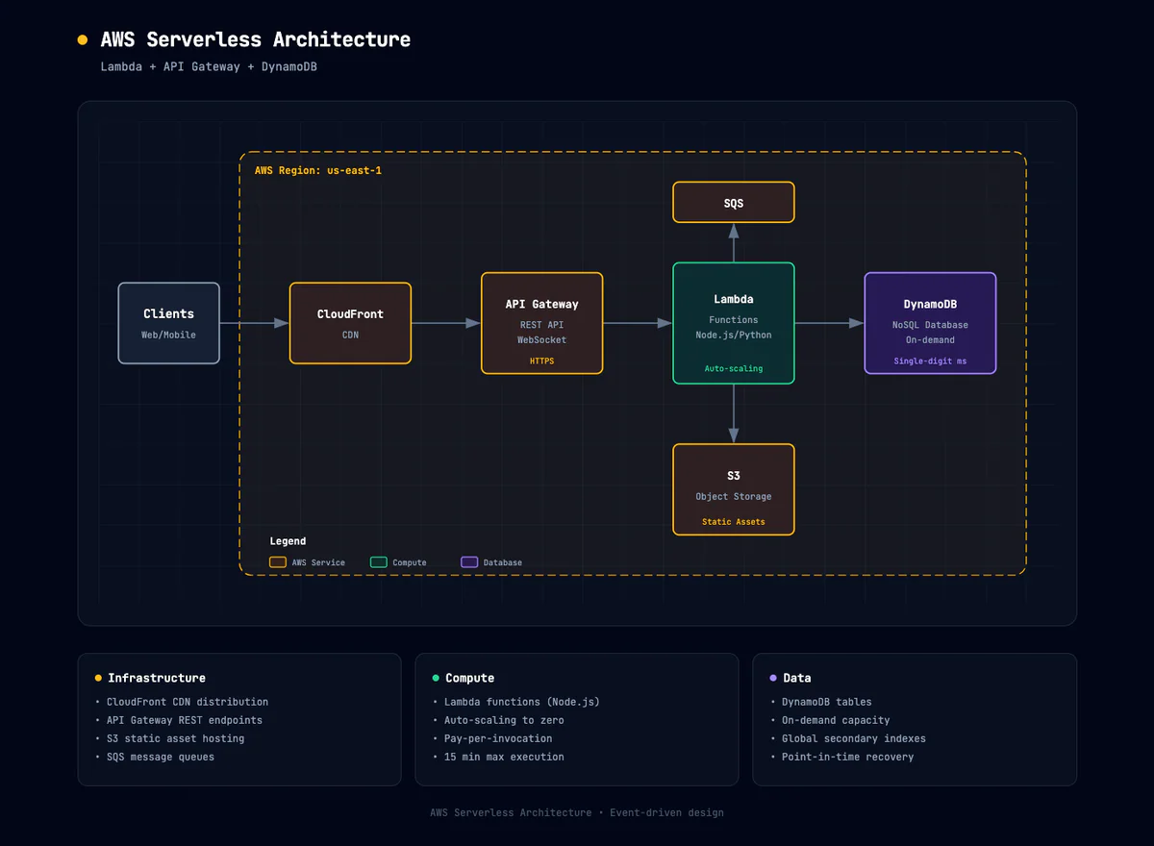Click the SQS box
pyautogui.click(x=734, y=203)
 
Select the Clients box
pyautogui.click(x=168, y=323)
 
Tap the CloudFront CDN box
pyautogui.click(x=350, y=323)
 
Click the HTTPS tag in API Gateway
pyautogui.click(x=541, y=361)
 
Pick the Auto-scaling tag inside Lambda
pyautogui.click(x=734, y=369)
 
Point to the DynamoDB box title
pyautogui.click(x=930, y=305)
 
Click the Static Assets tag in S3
pyautogui.click(x=734, y=522)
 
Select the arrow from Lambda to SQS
pyautogui.click(x=734, y=243)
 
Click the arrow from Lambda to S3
pyautogui.click(x=734, y=413)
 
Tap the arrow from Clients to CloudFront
pyautogui.click(x=255, y=323)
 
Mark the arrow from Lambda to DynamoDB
pyautogui.click(x=829, y=323)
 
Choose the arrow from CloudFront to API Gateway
pyautogui.click(x=446, y=323)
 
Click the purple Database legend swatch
pyautogui.click(x=469, y=562)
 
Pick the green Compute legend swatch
pyautogui.click(x=379, y=562)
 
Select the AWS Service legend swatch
pyautogui.click(x=278, y=562)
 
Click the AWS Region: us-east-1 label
pyautogui.click(x=318, y=170)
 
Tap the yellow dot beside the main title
pyautogui.click(x=82, y=40)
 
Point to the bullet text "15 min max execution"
pyautogui.click(x=504, y=758)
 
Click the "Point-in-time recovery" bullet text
pyautogui.click(x=847, y=758)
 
